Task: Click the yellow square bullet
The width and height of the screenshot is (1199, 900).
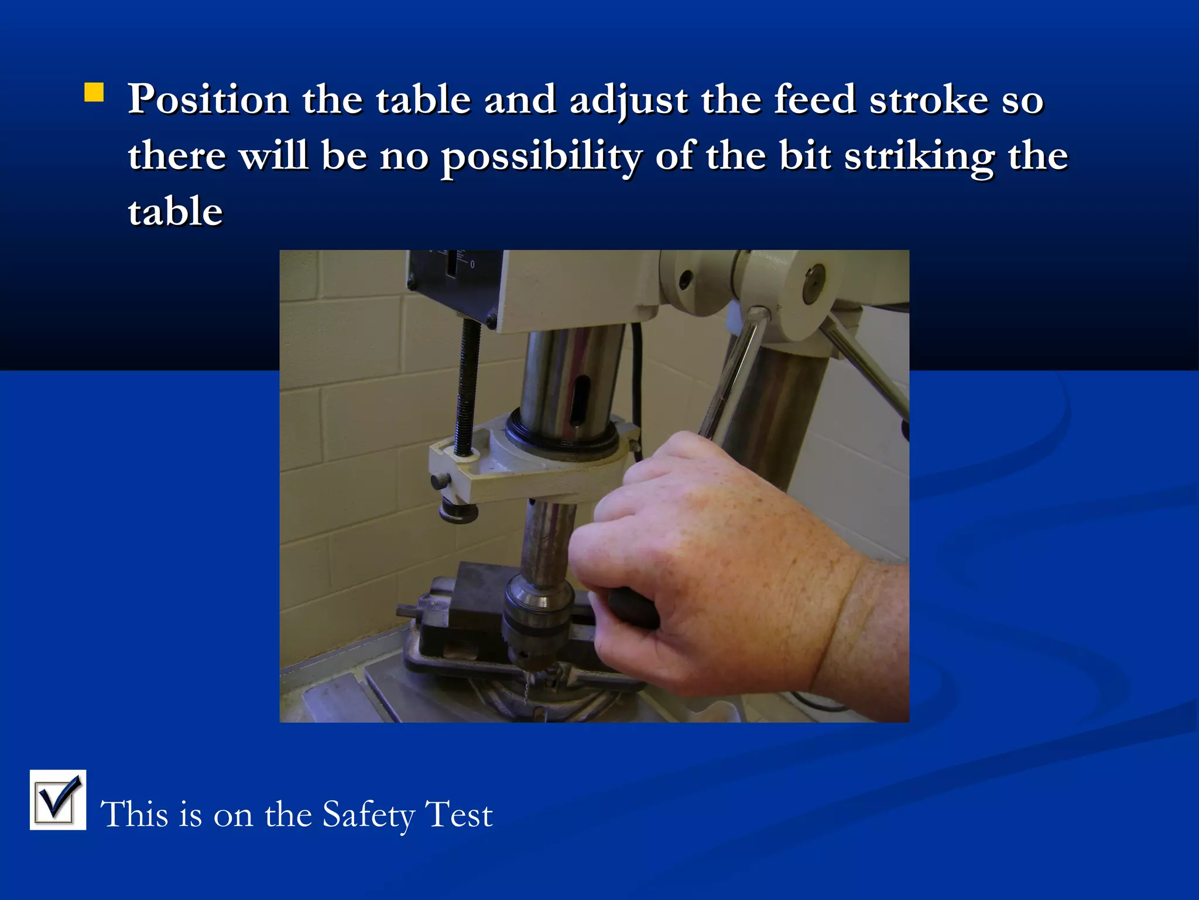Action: pyautogui.click(x=94, y=93)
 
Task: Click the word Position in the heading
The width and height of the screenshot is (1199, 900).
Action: pyautogui.click(x=208, y=100)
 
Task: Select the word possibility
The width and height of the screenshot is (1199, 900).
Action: pyautogui.click(x=541, y=157)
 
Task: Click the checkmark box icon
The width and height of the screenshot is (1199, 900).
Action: pyautogui.click(x=58, y=799)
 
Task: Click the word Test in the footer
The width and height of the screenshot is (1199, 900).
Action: pyautogui.click(x=459, y=814)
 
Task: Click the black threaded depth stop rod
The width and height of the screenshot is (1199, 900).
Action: pyautogui.click(x=469, y=387)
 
